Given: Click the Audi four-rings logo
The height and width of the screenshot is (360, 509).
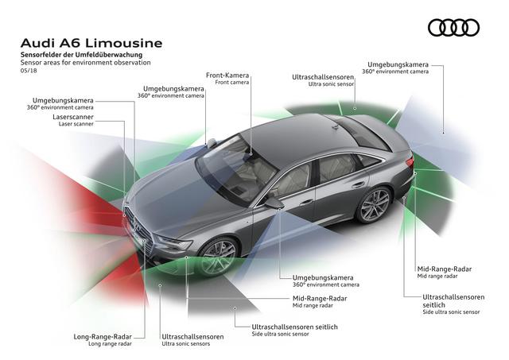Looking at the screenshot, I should pyautogui.click(x=453, y=28).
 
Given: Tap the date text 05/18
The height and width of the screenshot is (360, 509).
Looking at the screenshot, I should pyautogui.click(x=29, y=71).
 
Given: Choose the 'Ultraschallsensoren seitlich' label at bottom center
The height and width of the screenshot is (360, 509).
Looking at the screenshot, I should pyautogui.click(x=294, y=327).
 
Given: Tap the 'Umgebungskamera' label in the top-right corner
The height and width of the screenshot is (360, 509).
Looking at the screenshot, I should pyautogui.click(x=398, y=63).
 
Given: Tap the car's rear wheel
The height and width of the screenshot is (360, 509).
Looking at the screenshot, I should pyautogui.click(x=375, y=205).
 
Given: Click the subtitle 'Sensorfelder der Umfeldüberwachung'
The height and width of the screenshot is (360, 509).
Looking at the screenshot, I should pyautogui.click(x=81, y=53).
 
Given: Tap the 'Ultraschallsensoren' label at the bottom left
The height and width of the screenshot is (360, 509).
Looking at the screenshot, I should pyautogui.click(x=192, y=336).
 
